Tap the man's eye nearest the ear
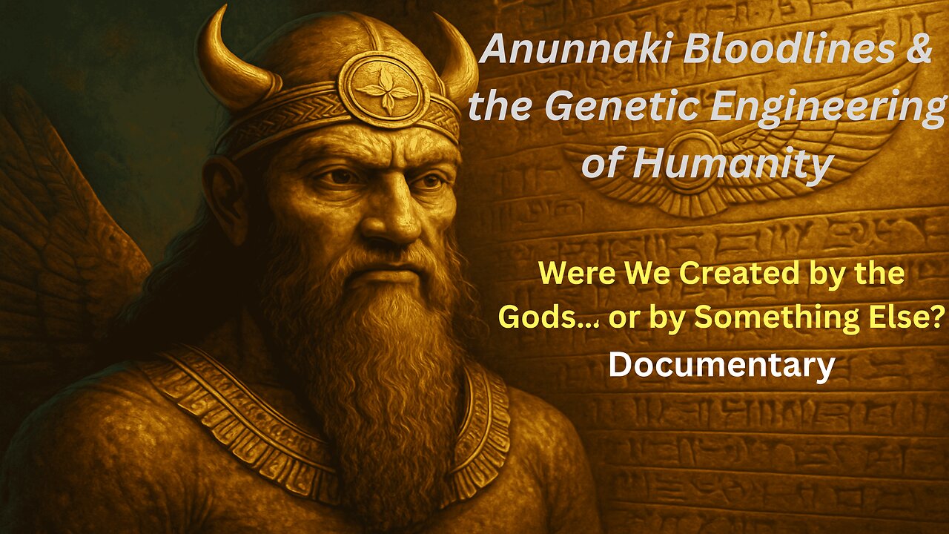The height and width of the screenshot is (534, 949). pyautogui.click(x=337, y=176)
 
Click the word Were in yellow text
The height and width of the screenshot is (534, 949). pyautogui.click(x=570, y=274)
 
